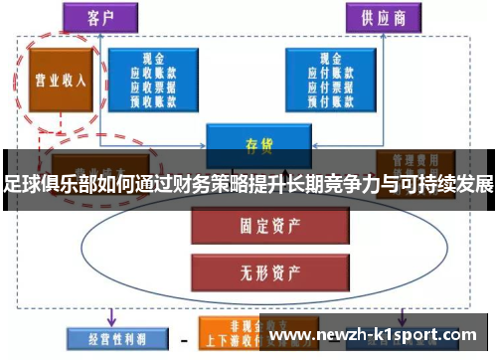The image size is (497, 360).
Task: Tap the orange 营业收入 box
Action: [x=59, y=81]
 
